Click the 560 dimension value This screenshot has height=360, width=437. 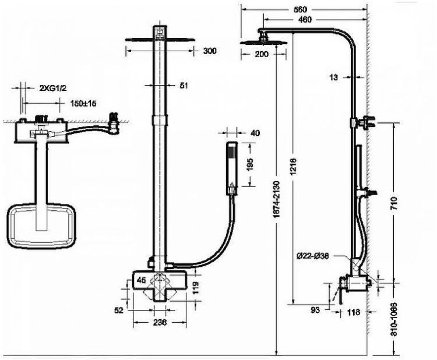[301, 9]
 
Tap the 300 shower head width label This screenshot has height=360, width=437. [210, 51]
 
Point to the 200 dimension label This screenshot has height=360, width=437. [262, 54]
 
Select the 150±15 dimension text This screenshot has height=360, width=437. [84, 103]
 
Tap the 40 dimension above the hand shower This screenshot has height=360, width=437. [255, 133]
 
